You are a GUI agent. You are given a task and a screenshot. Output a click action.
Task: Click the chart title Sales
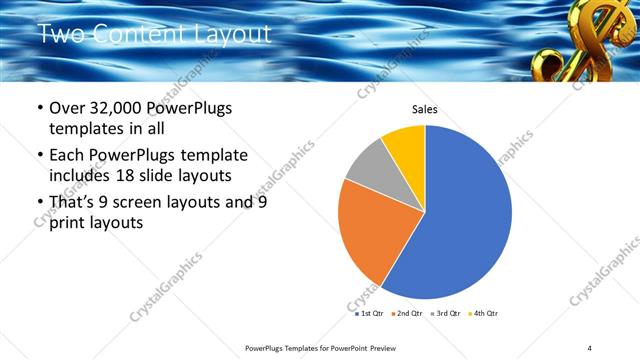(x=425, y=110)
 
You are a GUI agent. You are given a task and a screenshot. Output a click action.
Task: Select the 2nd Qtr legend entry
(x=406, y=313)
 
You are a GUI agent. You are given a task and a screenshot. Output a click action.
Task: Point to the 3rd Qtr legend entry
(x=444, y=313)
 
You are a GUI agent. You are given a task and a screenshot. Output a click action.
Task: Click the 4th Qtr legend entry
(x=482, y=313)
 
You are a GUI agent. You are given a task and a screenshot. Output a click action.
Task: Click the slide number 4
(x=590, y=347)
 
